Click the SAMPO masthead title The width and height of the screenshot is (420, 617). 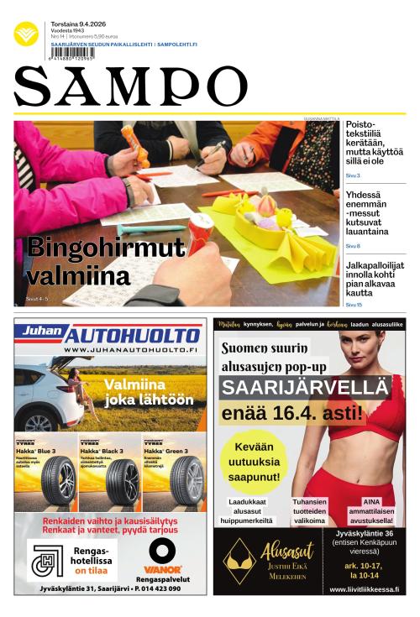tap(130, 86)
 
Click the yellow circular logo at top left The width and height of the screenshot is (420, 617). tap(26, 34)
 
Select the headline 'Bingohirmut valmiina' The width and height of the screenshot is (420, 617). tap(104, 260)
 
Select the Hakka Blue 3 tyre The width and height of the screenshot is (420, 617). tap(57, 481)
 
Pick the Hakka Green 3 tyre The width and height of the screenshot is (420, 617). tap(186, 481)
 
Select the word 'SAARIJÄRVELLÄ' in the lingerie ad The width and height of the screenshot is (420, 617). tap(306, 388)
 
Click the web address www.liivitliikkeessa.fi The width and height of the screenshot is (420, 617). tap(359, 589)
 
